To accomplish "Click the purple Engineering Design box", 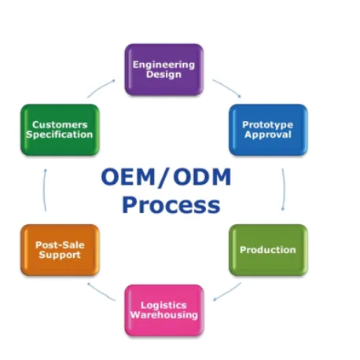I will [x=163, y=70].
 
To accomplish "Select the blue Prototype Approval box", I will [x=267, y=129].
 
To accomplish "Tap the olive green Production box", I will [x=267, y=250].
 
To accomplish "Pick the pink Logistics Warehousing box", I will [x=163, y=310].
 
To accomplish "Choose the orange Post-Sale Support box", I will [x=60, y=250].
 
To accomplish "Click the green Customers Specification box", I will [x=60, y=129].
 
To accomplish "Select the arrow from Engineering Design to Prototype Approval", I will [x=227, y=86].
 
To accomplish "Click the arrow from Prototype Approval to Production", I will [x=283, y=189].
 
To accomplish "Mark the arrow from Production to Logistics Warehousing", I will [x=227, y=291].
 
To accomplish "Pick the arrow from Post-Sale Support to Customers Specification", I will [x=45, y=189].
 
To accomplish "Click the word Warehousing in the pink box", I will [x=163, y=315].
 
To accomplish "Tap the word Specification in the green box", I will [x=60, y=134].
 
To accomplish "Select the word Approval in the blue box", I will [x=267, y=134].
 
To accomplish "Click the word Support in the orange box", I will [x=60, y=255].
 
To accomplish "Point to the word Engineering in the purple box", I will [x=163, y=64].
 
